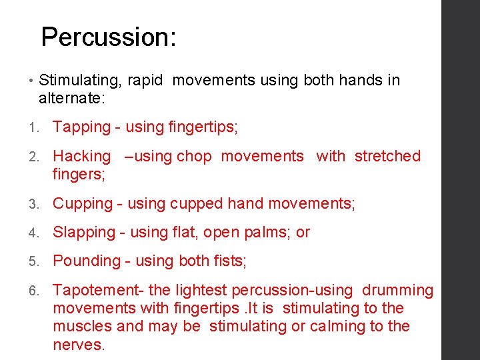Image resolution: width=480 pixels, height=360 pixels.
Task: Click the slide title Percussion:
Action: click(x=109, y=37)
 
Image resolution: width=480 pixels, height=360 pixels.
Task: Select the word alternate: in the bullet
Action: click(x=73, y=99)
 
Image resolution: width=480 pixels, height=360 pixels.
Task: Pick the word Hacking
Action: click(x=81, y=157)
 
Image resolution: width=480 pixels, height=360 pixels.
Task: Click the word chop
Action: click(x=194, y=157)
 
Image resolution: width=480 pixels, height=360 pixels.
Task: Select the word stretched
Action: click(x=387, y=156)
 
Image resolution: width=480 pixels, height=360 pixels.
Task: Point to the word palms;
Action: click(x=269, y=233)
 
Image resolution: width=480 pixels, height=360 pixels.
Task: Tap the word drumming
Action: click(x=397, y=291)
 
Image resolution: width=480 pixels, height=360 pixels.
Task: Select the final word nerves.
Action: click(x=79, y=345)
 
